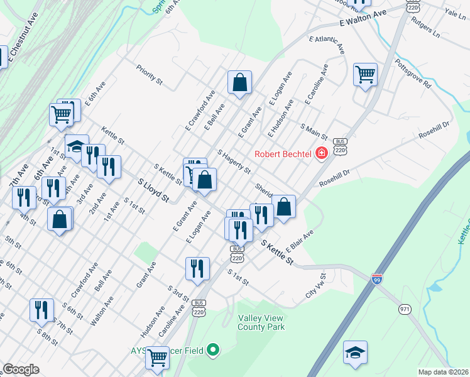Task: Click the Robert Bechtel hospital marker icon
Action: (322, 153)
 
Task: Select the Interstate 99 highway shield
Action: (377, 278)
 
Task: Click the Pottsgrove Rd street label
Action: (413, 74)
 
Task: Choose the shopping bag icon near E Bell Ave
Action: (239, 82)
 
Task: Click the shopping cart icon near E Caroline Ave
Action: (365, 75)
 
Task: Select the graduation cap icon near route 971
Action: (355, 353)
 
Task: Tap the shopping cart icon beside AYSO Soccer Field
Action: (157, 358)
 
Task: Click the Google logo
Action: (21, 369)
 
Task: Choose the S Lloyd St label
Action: (153, 189)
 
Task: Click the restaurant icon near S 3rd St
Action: (197, 268)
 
